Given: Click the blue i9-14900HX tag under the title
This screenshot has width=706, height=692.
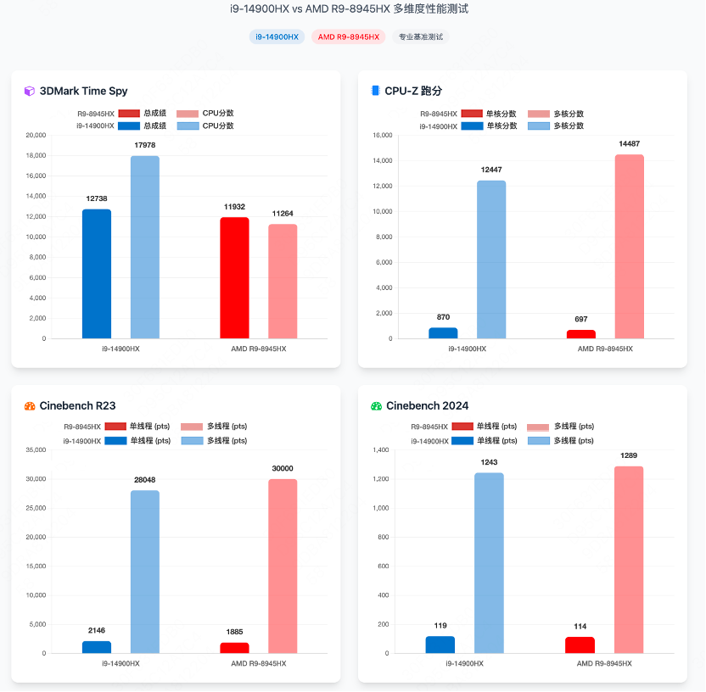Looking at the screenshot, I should coord(277,37).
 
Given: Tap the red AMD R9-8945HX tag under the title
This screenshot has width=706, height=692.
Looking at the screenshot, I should coord(348,37).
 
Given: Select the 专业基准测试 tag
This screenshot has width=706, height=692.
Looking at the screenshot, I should coord(420,37).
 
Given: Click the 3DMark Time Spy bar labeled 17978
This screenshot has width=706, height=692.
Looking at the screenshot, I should coord(145,247).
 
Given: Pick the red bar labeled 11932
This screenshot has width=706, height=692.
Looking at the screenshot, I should coord(235,278).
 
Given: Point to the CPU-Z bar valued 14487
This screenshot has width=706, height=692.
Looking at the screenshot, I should coord(630,247).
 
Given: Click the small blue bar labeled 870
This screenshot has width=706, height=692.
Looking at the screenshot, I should coord(443,333).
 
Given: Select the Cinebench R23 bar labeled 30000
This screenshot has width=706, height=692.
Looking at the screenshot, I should coord(283,566).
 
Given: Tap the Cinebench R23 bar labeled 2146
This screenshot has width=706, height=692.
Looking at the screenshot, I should coord(97,647).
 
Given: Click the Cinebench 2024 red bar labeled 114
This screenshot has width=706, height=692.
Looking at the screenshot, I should coord(580,645).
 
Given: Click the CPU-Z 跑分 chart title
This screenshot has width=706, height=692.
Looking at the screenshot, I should coord(413,91).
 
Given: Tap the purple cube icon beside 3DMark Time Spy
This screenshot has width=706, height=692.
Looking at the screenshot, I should coord(30,91).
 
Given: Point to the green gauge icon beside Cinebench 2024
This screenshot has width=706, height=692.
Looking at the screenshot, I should coord(377,406).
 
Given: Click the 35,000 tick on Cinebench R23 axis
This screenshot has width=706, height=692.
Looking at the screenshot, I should coord(36,450).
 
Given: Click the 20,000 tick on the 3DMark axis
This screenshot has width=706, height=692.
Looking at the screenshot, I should coord(36,136).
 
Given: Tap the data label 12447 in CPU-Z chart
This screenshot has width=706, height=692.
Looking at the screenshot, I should coord(491,170).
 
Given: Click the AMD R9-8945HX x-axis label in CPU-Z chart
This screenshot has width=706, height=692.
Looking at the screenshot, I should coord(605,349).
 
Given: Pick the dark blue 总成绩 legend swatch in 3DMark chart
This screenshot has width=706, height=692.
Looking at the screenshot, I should coord(129,126).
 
